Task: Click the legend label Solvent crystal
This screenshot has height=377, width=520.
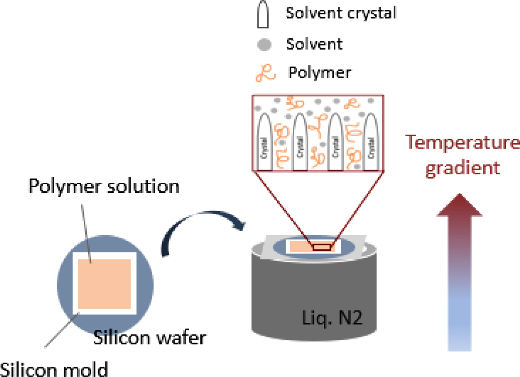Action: click(x=341, y=13)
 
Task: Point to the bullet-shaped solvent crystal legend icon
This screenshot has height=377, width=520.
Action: click(x=265, y=15)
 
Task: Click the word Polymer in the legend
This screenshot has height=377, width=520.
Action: click(x=319, y=73)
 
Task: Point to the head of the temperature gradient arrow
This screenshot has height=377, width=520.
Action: click(x=460, y=205)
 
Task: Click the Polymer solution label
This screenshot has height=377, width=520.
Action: click(x=104, y=186)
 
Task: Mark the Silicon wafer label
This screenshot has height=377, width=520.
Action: click(x=150, y=337)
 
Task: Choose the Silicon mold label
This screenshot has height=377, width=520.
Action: click(x=54, y=368)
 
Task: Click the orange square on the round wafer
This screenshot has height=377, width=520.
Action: click(x=104, y=283)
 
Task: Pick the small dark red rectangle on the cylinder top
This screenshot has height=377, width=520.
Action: click(x=323, y=246)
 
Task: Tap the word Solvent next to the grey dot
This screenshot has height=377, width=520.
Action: click(x=314, y=44)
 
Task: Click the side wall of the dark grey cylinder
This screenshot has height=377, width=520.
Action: click(x=283, y=302)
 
